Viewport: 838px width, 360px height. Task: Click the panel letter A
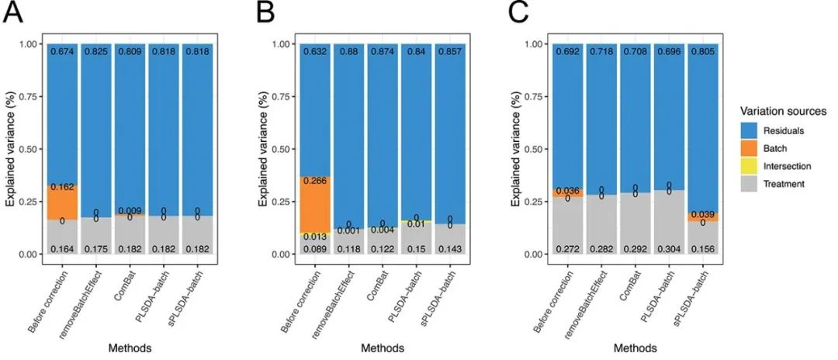[13, 13]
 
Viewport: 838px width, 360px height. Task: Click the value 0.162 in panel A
[61, 187]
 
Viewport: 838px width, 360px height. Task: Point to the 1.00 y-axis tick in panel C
[534, 44]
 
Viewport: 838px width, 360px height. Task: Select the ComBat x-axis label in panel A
[124, 286]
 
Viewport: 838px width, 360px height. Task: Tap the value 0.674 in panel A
[61, 52]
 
